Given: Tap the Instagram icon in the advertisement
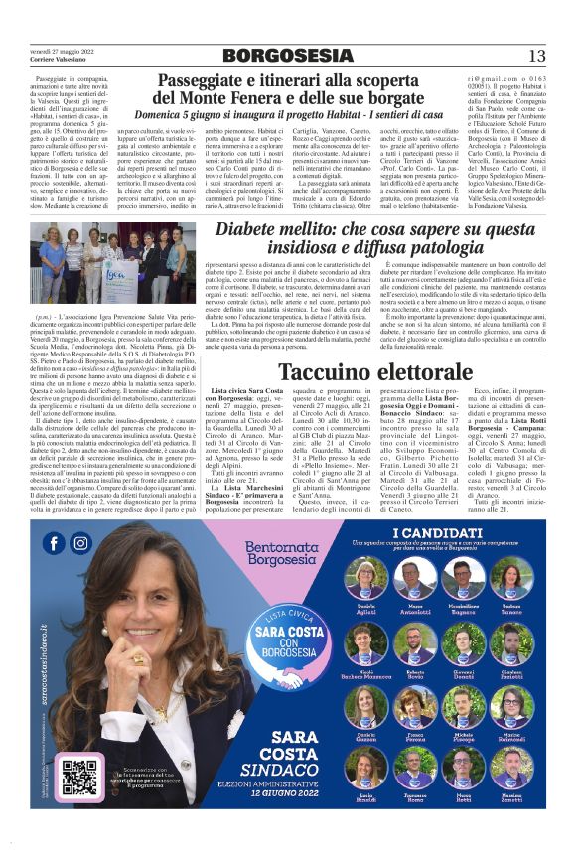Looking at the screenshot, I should [x=80, y=543].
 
